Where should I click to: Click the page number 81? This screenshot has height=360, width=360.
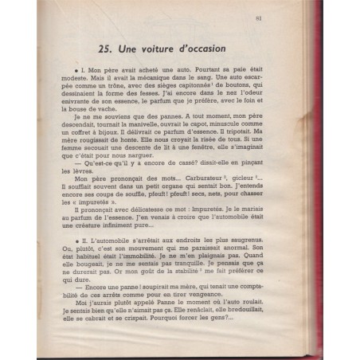pos(317,22)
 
